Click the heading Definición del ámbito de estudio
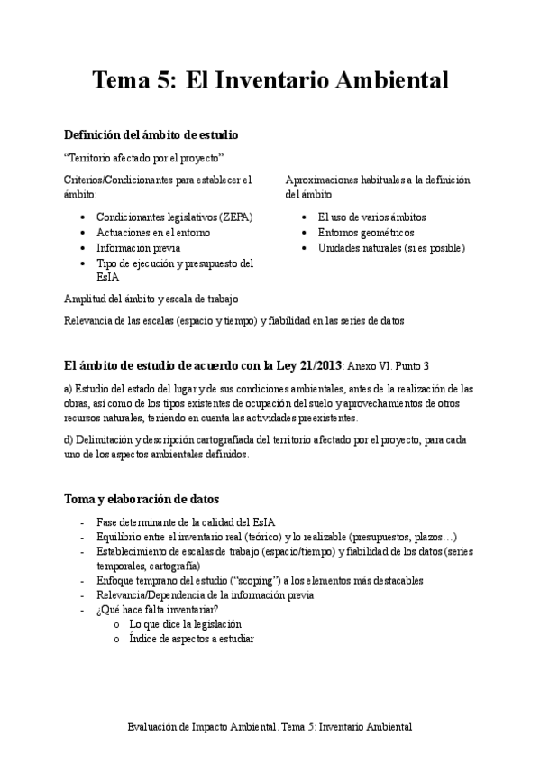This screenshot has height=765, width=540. (151, 135)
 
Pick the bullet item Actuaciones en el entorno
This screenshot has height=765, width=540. (153, 233)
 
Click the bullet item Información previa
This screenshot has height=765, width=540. (138, 248)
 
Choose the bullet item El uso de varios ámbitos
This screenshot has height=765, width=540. (371, 217)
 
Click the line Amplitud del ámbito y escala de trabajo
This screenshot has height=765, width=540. (151, 299)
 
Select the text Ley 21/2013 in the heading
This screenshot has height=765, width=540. (306, 365)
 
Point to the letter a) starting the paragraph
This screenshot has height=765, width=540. (69, 389)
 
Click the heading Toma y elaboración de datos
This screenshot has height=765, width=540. (142, 499)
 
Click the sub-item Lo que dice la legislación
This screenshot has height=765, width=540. (186, 624)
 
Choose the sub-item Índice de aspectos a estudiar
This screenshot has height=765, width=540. (191, 639)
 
